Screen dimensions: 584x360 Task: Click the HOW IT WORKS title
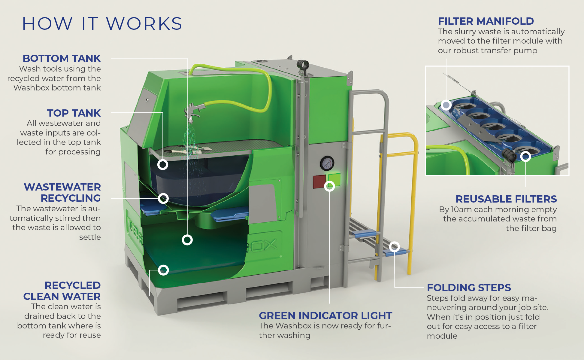(x=102, y=24)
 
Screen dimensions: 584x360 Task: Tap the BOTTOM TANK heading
(x=62, y=58)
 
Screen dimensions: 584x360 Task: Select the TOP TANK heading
(x=74, y=113)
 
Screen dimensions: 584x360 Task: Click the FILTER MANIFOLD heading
(x=486, y=21)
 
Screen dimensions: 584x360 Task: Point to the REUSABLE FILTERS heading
(x=506, y=199)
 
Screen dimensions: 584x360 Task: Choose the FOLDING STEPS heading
(x=469, y=288)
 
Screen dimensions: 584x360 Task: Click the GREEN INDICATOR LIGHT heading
(x=325, y=316)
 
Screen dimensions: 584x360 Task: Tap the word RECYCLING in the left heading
(x=71, y=198)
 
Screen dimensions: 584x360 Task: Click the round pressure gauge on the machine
(x=327, y=163)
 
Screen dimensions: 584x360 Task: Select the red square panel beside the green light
(x=320, y=182)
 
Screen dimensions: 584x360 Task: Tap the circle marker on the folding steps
(x=395, y=247)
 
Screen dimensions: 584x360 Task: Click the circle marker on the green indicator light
(x=329, y=186)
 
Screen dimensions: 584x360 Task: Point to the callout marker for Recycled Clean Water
(x=163, y=270)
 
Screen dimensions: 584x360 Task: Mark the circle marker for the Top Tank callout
(x=163, y=164)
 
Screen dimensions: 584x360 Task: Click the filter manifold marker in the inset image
(x=446, y=105)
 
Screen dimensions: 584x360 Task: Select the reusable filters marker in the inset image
(x=525, y=156)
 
